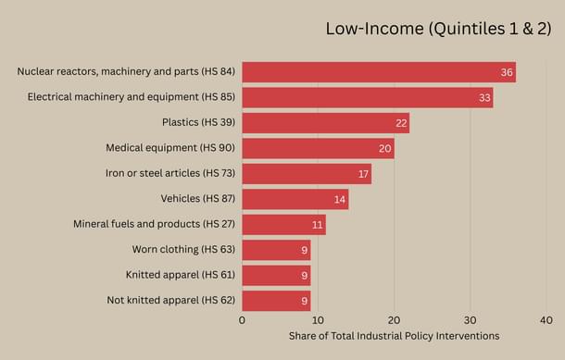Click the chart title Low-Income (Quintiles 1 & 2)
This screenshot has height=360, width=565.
point(438,29)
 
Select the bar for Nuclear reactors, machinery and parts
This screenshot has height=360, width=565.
point(378,72)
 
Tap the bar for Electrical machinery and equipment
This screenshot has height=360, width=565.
point(367,97)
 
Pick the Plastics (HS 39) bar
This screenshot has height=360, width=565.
point(325,123)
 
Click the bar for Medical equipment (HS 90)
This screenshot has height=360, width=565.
point(318,148)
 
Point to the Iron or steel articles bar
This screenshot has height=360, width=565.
point(307,173)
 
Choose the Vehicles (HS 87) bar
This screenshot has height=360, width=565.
point(295,199)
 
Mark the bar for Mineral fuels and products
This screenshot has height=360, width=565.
point(283,224)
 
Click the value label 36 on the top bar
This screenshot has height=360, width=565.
point(507,72)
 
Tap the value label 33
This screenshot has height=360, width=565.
point(483,97)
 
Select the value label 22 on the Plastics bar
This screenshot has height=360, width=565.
point(400,123)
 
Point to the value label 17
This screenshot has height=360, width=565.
point(362,174)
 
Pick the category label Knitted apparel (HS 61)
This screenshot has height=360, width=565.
point(181,275)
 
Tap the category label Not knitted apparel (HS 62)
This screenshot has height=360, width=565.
point(170,300)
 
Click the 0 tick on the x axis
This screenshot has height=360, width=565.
point(242,320)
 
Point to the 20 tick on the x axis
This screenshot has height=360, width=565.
point(394,320)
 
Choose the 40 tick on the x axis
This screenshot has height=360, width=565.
point(546,320)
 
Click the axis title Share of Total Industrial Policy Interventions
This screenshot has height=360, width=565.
point(394,336)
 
